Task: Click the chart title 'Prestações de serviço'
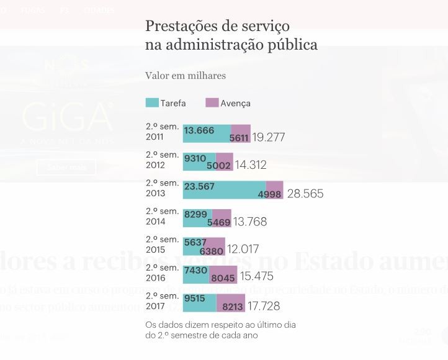pos(217,26)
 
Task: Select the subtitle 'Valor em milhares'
pos(186,76)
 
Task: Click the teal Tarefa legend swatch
pos(152,103)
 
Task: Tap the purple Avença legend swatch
pos(212,103)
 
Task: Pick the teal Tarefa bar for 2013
pos(224,190)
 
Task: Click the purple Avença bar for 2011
pos(241,133)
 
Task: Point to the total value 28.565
pos(305,194)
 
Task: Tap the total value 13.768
pos(250,222)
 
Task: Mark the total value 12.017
pos(243,250)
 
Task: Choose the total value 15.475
pos(256,276)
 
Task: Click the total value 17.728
pos(264,306)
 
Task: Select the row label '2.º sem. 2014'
pos(162,217)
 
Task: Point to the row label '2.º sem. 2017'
pos(162,301)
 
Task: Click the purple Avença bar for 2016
pos(223,274)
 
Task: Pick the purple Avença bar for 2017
pos(231,303)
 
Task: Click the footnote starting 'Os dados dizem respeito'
pos(220,330)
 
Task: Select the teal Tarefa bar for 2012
pos(199,162)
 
